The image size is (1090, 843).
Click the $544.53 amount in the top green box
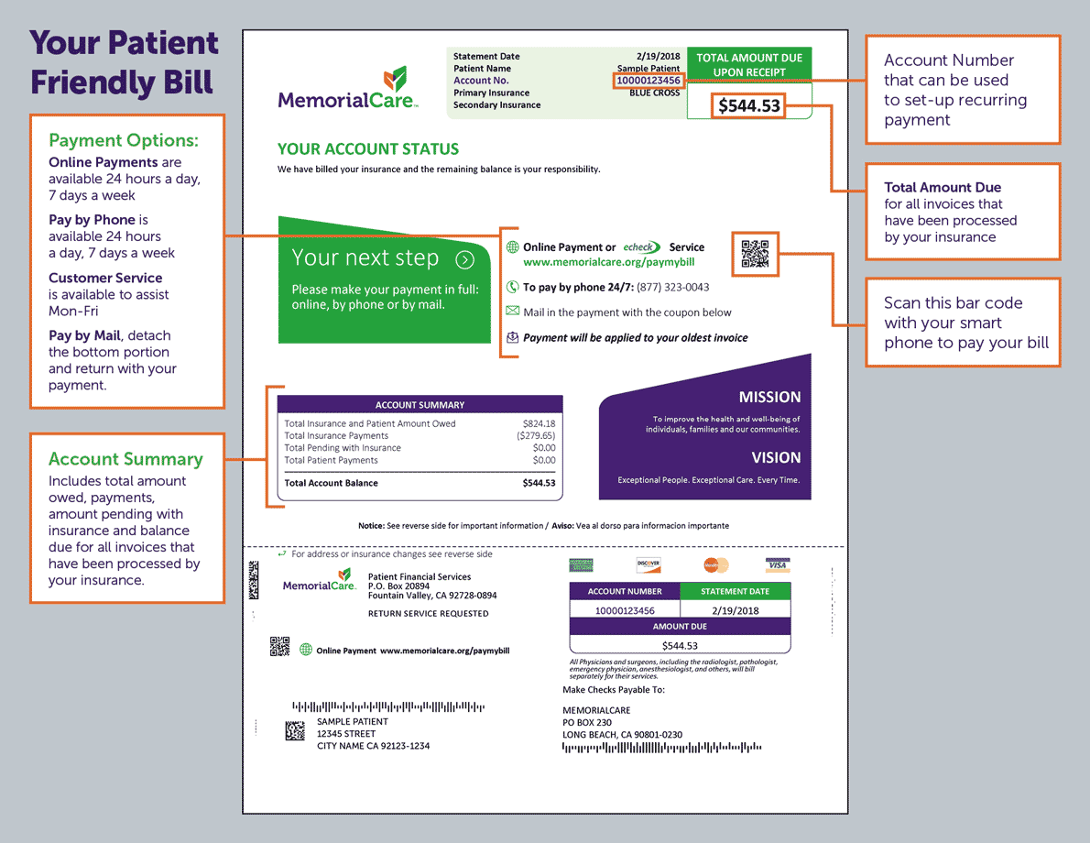coord(749,106)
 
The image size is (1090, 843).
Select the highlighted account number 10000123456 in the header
coord(649,81)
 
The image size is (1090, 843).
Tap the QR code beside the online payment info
coord(755,255)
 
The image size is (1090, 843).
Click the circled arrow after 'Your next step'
coord(464,259)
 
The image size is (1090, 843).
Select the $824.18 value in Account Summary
coord(539,423)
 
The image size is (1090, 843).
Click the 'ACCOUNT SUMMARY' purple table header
coord(420,404)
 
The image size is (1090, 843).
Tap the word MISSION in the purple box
coord(769,397)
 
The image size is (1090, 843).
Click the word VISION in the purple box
coord(776,457)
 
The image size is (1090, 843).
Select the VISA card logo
coord(777,565)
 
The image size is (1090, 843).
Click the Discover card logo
coord(649,565)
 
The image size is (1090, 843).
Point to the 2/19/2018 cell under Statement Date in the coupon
coord(735,610)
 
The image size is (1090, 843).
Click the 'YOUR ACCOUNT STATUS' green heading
coord(368,149)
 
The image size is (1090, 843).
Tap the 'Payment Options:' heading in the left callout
coord(123,140)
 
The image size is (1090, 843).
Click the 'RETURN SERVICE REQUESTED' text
coord(428,613)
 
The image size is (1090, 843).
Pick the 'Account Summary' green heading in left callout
coord(125,459)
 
